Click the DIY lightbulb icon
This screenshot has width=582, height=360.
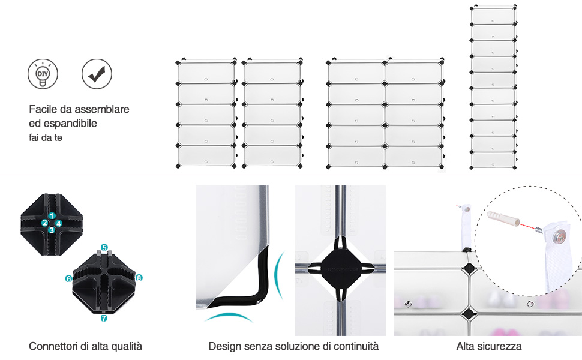(x=42, y=74)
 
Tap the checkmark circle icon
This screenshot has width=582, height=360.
(x=96, y=74)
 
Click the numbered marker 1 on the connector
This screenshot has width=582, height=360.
(x=52, y=216)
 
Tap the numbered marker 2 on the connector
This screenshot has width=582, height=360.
(x=45, y=223)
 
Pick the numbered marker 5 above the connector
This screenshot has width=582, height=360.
(x=104, y=247)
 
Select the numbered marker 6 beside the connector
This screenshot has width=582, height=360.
(x=68, y=279)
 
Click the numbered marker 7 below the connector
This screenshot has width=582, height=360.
(x=104, y=318)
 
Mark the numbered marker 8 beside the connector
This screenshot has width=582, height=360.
(x=139, y=278)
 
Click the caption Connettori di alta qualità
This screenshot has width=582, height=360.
(x=85, y=346)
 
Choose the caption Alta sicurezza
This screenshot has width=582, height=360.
(x=488, y=346)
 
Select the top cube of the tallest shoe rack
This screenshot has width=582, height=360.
(x=493, y=16)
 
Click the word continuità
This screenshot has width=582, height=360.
(x=358, y=346)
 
